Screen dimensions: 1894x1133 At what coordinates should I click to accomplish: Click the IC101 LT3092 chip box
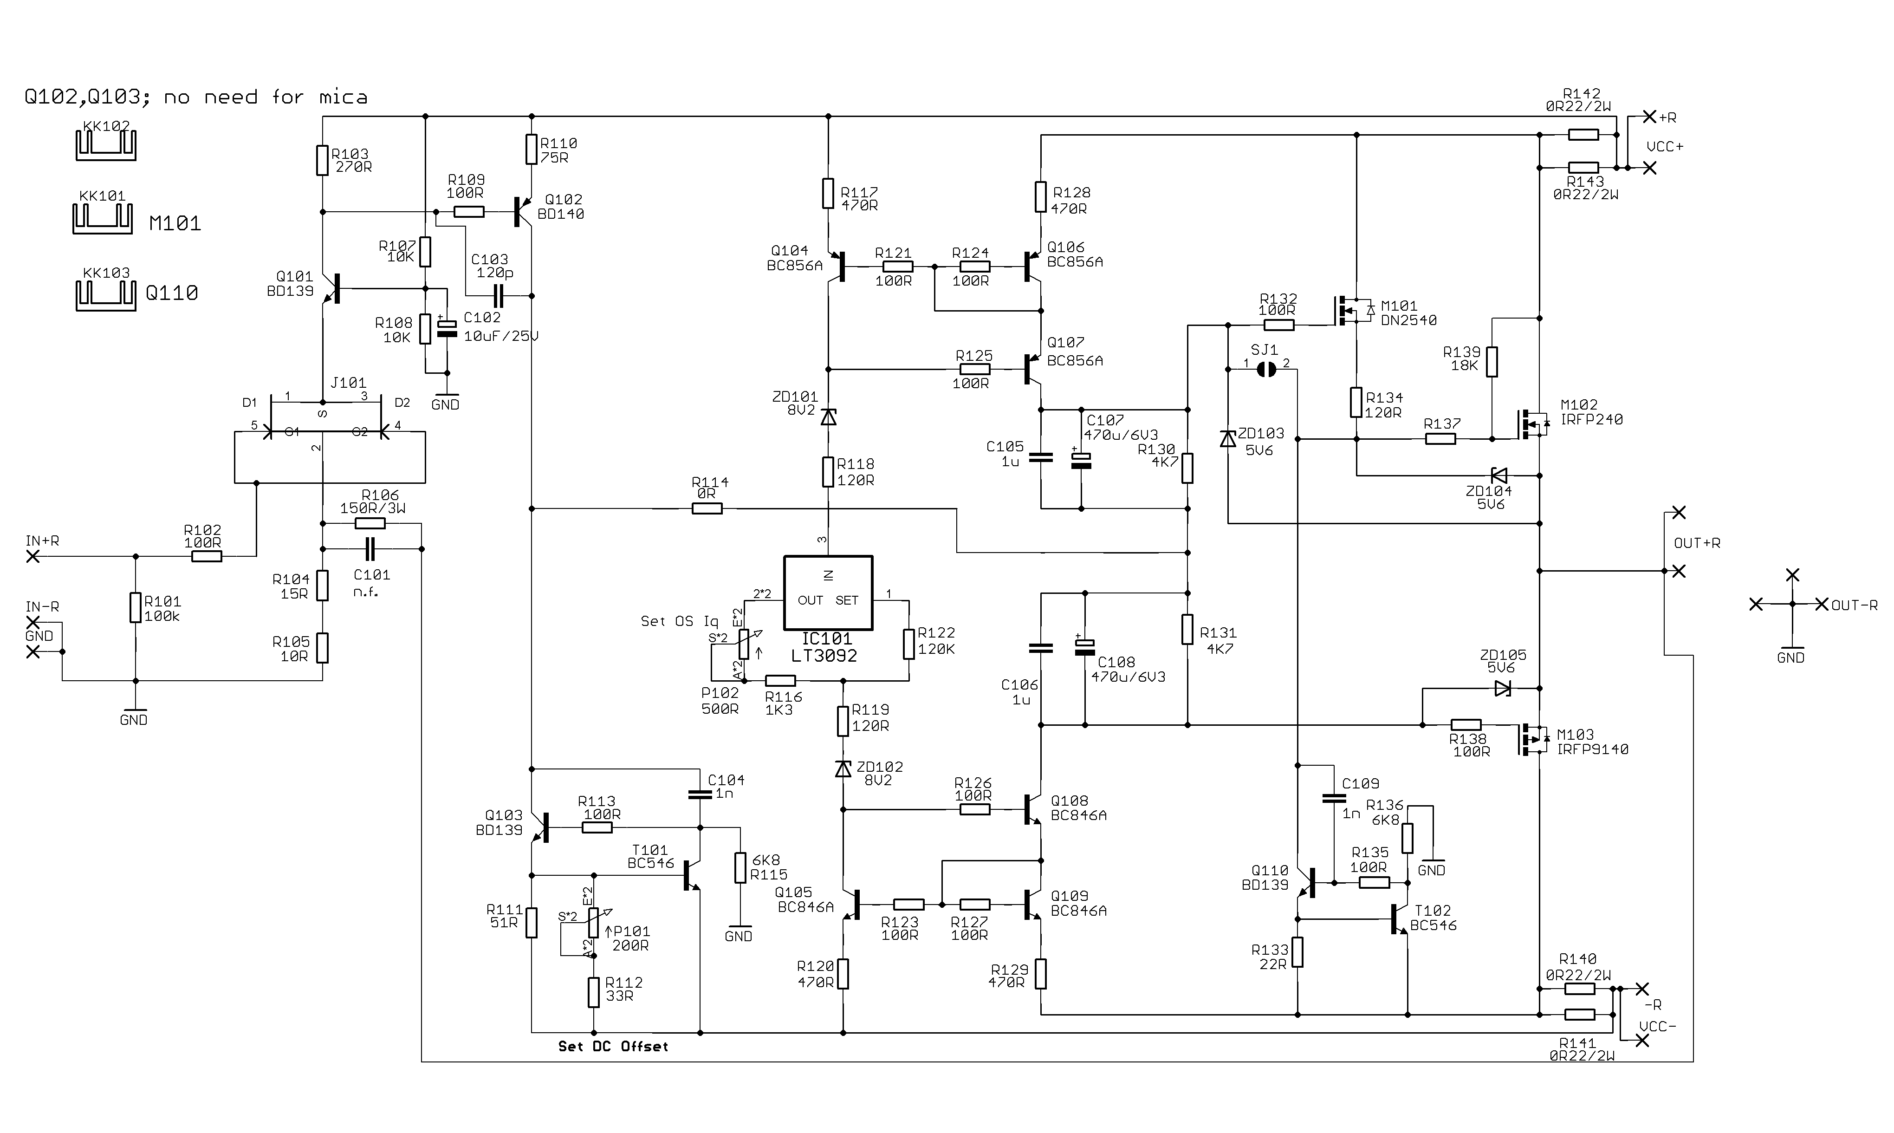point(828,593)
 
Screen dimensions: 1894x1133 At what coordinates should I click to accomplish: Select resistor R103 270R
point(323,160)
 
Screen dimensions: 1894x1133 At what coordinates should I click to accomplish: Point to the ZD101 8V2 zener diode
point(828,417)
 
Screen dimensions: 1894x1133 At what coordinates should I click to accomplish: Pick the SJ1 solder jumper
point(1266,370)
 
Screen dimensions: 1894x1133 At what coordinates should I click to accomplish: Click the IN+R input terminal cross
point(33,557)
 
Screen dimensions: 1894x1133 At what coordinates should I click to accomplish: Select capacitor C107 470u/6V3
point(1081,459)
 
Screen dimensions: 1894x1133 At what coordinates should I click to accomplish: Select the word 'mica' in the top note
point(344,97)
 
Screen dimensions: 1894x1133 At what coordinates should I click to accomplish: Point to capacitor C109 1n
point(1334,799)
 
